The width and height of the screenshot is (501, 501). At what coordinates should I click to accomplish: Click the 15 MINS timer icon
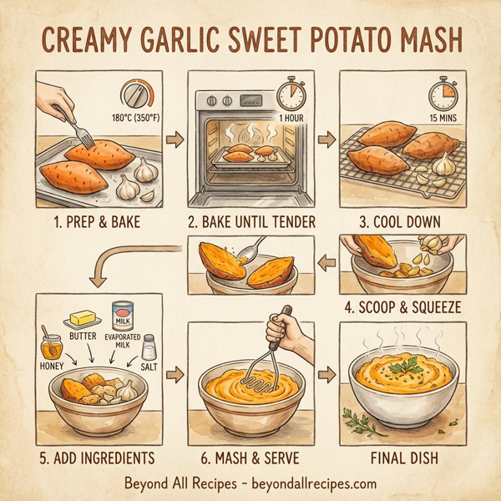point(440,94)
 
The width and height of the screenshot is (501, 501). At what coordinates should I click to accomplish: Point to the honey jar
point(52,344)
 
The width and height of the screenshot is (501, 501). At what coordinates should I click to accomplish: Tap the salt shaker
point(149,343)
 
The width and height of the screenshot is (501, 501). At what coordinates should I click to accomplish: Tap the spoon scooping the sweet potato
point(247,253)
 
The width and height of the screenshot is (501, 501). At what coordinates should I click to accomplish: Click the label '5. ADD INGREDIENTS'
point(97,457)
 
